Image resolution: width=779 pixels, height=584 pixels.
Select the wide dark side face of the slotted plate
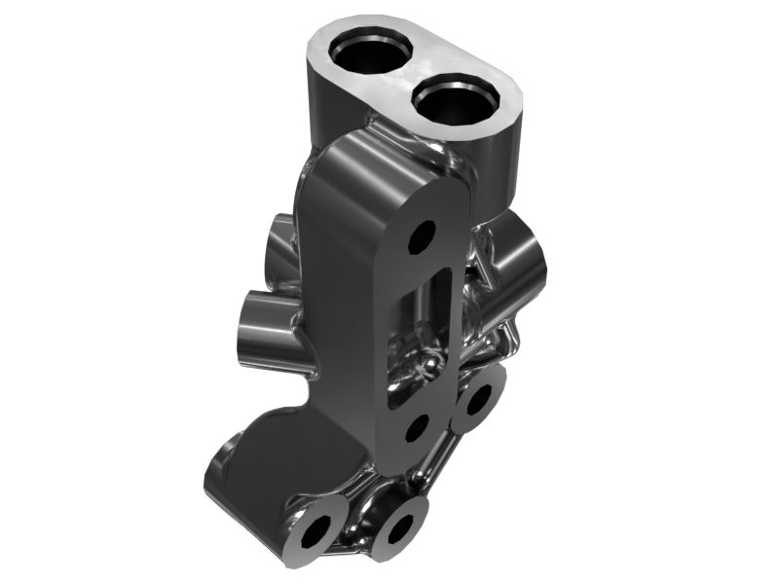[x=336, y=292]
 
